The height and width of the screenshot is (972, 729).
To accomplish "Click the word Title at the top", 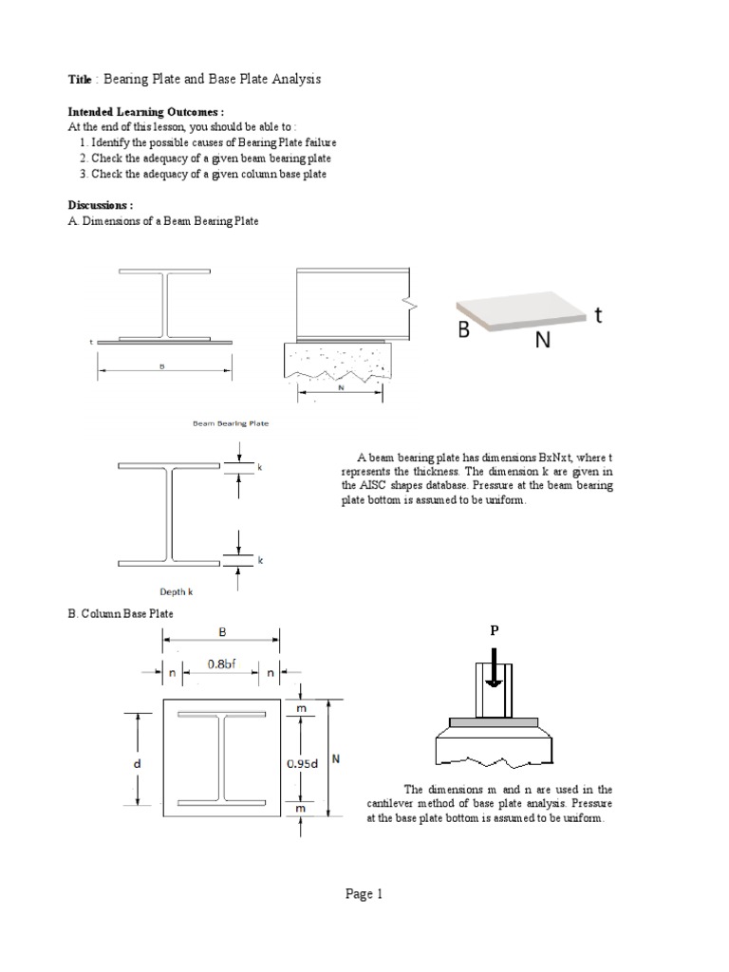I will [x=81, y=79].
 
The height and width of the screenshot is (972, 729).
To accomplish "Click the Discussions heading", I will [x=101, y=205].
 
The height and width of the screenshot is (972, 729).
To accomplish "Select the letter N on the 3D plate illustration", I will [x=542, y=340].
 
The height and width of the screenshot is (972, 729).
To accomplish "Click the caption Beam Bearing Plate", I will [x=231, y=424].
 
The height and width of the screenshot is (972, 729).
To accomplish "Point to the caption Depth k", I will [x=176, y=590].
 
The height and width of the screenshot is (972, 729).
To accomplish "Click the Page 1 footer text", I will [x=364, y=893].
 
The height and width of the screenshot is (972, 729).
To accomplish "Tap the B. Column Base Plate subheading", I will [x=121, y=614].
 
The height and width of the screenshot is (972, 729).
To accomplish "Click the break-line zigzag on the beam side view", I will [x=411, y=304].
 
